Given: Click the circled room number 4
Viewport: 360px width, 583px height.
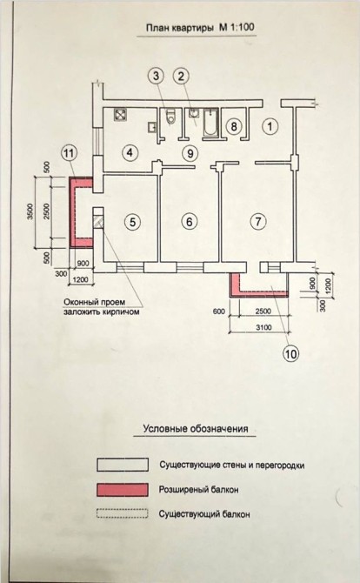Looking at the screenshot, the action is tap(130, 152).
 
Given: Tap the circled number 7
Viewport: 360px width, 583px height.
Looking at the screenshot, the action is tap(258, 222).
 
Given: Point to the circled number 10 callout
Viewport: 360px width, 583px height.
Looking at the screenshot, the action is tap(291, 353).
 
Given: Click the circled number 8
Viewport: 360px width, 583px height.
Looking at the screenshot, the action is tap(233, 126).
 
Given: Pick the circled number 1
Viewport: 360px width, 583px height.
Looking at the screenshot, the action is tap(270, 126).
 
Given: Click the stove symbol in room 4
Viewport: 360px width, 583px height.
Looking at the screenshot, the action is tap(120, 115).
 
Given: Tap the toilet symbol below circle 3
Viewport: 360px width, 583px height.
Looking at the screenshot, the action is tap(170, 117).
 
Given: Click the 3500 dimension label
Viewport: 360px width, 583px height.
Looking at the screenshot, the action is tap(31, 211).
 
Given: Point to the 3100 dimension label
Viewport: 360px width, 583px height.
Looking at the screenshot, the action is tap(263, 327).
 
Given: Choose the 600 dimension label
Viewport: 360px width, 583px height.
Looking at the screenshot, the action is tap(219, 312).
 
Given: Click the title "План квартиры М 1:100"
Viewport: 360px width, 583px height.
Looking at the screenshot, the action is tap(197, 28).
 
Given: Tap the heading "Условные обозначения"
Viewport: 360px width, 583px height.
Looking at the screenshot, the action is tap(196, 429).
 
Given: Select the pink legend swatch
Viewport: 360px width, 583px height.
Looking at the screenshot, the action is tap(123, 490).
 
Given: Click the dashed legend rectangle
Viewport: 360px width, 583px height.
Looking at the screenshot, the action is tap(123, 514).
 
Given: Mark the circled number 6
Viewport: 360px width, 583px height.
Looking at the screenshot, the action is tap(190, 222).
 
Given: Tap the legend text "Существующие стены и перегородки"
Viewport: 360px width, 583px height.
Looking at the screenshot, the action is tap(232, 466).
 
